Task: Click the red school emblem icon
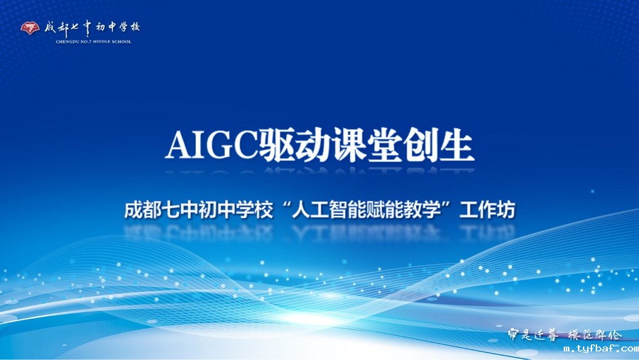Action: pos(30,28)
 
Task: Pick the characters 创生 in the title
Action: pos(433,146)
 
